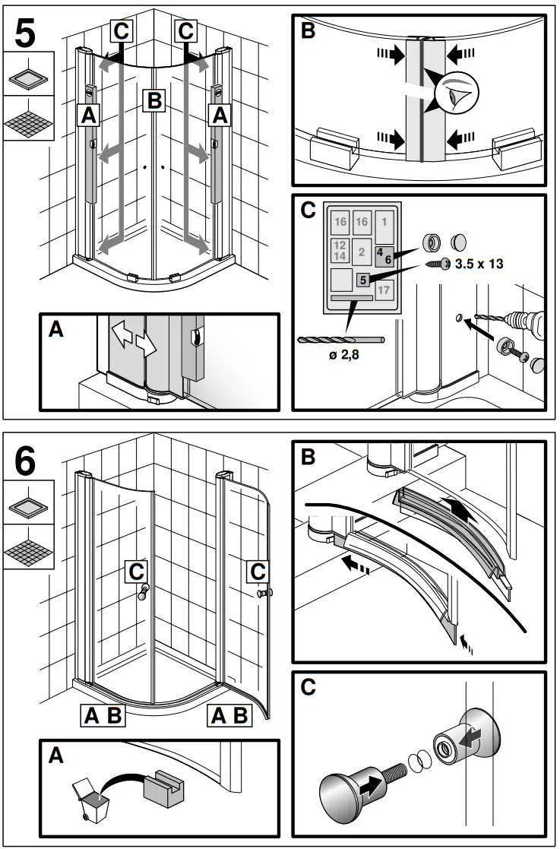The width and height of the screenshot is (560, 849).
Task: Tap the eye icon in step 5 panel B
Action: [x=458, y=96]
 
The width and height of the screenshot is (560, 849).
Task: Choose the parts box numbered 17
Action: [x=384, y=290]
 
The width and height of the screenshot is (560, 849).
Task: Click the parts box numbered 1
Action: [x=384, y=222]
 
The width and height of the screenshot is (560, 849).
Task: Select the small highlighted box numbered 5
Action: [x=363, y=280]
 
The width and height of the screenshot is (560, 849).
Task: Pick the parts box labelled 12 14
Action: [x=340, y=250]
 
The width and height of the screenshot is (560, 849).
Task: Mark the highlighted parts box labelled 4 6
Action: [x=384, y=255]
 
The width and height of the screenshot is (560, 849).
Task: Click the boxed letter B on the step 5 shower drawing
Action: [x=154, y=100]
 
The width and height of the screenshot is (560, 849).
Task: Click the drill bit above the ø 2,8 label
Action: [x=341, y=340]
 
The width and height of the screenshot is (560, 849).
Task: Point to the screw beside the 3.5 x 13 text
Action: [x=436, y=264]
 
